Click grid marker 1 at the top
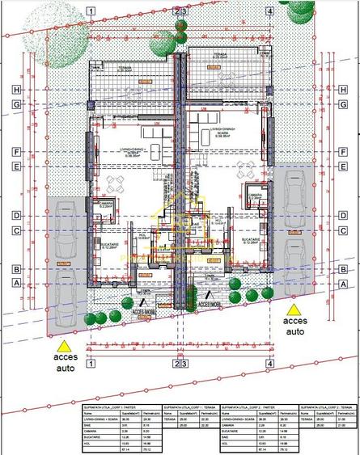pyautogui.click(x=91, y=11)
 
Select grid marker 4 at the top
pyautogui.click(x=269, y=11)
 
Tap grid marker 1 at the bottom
pyautogui.click(x=91, y=364)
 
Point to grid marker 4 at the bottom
pyautogui.click(x=269, y=364)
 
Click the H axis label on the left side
pyautogui.click(x=15, y=89)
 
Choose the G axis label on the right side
pyautogui.click(x=345, y=104)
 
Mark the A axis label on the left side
pyautogui.click(x=15, y=284)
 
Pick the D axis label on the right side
pyautogui.click(x=345, y=216)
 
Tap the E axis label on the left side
pyautogui.click(x=15, y=166)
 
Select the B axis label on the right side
pyautogui.click(x=345, y=269)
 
